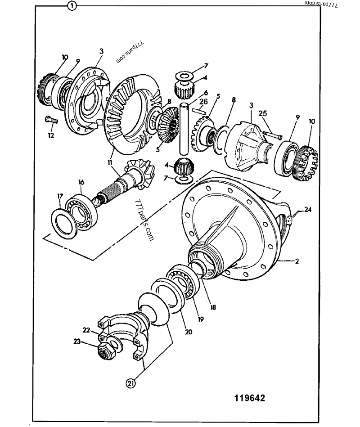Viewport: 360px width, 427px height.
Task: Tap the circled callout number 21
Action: tap(130, 383)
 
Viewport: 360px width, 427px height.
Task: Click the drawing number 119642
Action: tap(249, 398)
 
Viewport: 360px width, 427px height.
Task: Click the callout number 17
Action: tap(60, 196)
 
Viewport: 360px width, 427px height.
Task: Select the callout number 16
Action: tap(81, 182)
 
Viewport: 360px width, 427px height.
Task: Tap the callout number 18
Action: tap(213, 308)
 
